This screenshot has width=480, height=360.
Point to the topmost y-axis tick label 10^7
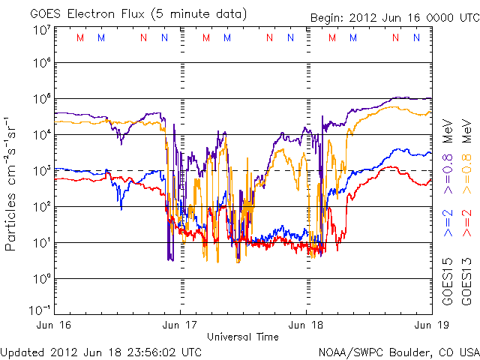click(40, 30)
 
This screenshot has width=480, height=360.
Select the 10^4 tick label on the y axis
click(40, 135)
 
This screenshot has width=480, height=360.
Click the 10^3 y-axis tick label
click(40, 171)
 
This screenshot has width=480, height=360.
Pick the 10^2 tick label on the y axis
click(40, 207)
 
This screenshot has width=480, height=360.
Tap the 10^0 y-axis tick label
click(40, 279)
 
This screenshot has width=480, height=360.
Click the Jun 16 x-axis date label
click(54, 325)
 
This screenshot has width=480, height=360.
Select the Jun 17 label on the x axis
click(180, 325)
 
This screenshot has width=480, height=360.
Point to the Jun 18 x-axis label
click(306, 325)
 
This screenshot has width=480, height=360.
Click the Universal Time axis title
click(243, 337)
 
